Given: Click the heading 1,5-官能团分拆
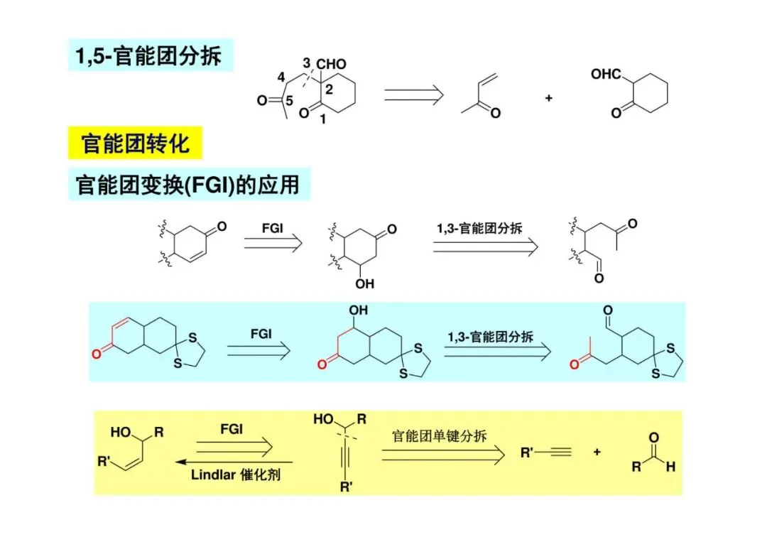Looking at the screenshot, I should (149, 55).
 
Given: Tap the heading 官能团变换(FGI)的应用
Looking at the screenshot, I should (187, 185).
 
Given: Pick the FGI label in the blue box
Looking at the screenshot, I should (261, 333).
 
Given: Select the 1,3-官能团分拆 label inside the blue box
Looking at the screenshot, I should (490, 336).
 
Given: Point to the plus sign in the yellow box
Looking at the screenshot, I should (597, 452).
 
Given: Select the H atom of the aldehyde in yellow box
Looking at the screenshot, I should (670, 467).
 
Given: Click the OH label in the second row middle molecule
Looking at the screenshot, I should (364, 284).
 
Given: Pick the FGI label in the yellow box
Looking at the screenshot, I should (232, 429).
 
